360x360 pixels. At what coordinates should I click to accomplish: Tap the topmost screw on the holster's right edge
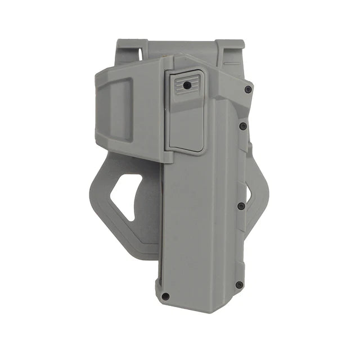(x=248, y=89)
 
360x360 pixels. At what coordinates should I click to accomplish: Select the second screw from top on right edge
(x=242, y=126)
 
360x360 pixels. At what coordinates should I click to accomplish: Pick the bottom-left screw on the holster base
(x=165, y=296)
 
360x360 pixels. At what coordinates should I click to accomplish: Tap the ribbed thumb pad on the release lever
(x=182, y=85)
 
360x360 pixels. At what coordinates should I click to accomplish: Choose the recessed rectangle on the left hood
(x=120, y=109)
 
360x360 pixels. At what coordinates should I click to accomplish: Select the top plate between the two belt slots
(x=186, y=47)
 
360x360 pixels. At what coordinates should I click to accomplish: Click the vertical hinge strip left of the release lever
(x=166, y=112)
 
